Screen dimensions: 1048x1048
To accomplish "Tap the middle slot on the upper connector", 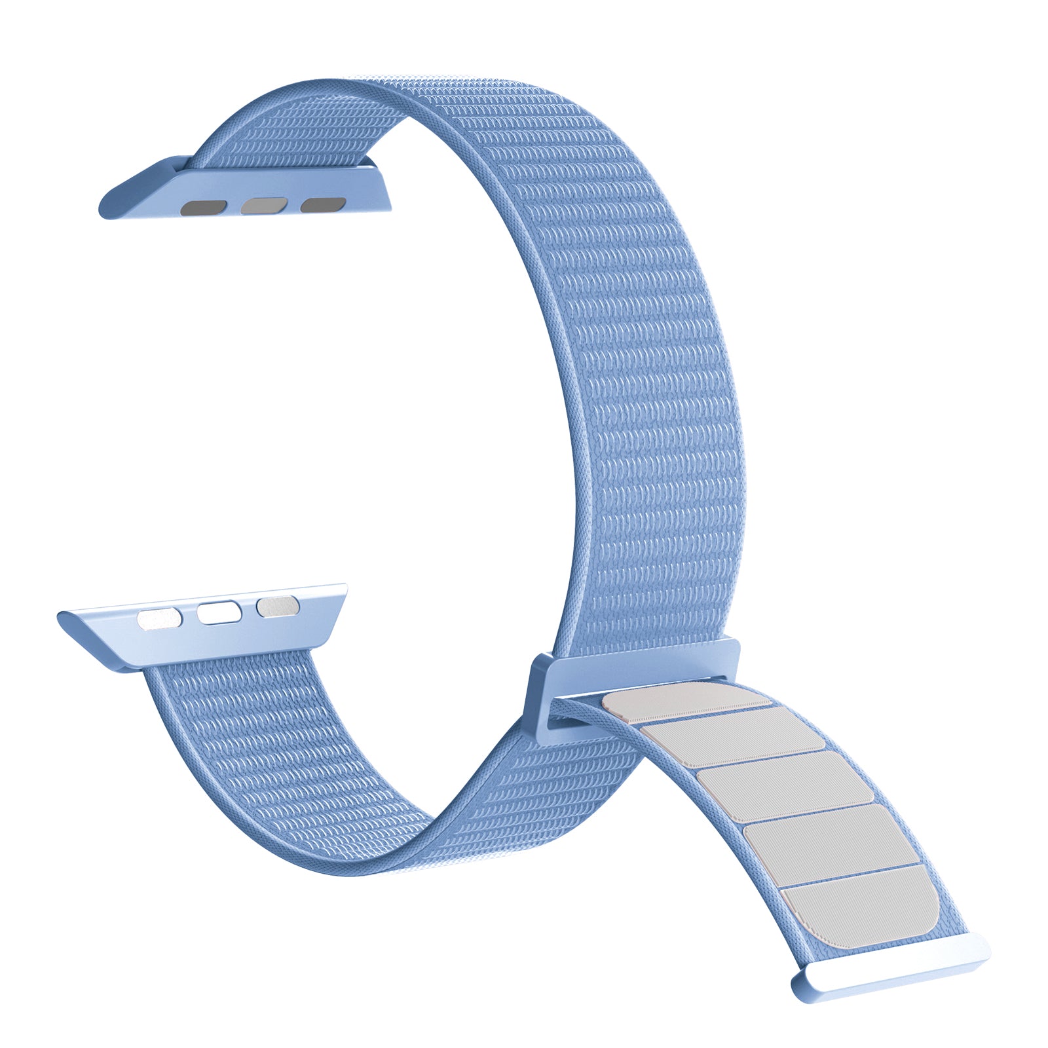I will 263,206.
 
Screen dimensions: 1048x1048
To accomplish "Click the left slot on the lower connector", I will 158,619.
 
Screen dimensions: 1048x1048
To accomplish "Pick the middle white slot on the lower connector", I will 219,613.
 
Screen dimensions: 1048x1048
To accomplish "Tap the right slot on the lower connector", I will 278,607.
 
